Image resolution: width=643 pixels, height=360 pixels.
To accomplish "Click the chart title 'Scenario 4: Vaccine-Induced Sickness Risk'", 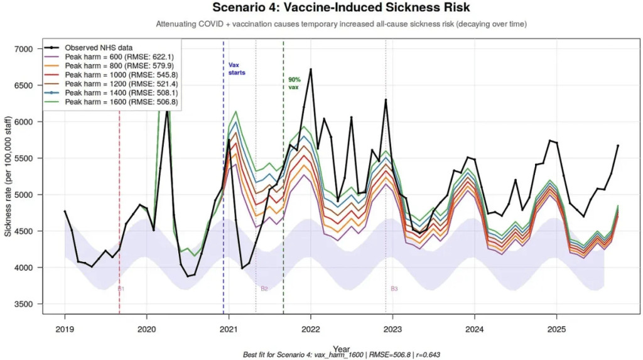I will click(x=341, y=8).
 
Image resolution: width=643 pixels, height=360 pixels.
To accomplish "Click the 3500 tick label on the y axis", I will click(x=27, y=304).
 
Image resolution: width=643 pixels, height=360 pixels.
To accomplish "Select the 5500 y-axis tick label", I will click(x=27, y=158).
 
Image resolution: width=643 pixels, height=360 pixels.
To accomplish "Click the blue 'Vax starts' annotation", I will click(x=237, y=68).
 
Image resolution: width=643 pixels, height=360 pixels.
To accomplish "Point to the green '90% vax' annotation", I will click(x=294, y=84).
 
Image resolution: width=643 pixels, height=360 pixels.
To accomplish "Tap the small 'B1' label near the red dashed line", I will click(x=121, y=288).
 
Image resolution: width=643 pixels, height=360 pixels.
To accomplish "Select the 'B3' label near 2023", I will click(x=394, y=288).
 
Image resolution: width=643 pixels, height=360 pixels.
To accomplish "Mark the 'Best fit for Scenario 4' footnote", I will click(x=341, y=355).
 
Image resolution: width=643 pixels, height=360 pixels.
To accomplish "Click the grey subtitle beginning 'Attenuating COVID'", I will click(x=341, y=25).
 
